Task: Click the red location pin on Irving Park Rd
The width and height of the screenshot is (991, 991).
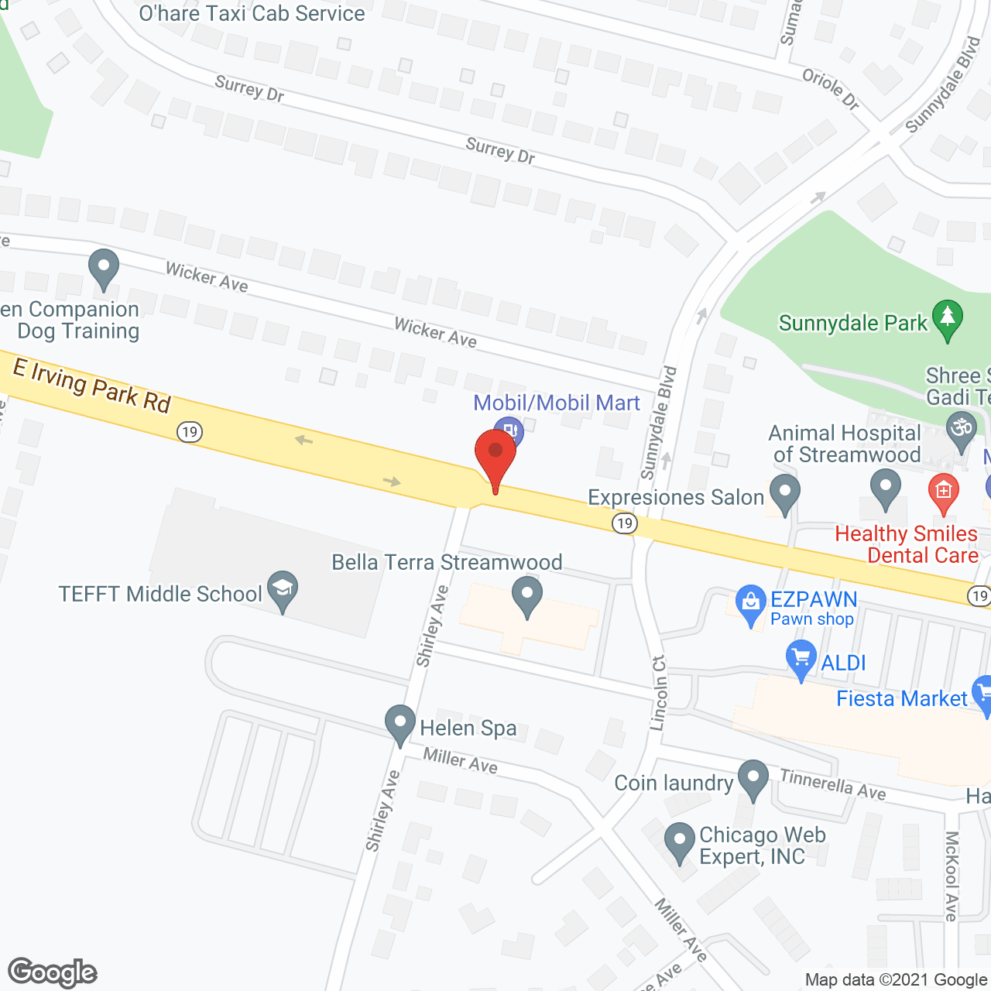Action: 495,453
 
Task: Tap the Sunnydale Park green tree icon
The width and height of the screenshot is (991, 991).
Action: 947,318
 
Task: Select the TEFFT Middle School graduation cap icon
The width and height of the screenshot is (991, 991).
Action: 283,589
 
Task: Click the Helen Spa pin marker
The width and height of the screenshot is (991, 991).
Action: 400,723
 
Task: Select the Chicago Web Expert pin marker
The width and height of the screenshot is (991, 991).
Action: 680,839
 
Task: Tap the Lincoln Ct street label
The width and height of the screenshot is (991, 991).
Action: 659,693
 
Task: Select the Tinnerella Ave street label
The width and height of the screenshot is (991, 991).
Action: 832,784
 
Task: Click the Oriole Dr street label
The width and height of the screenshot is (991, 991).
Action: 831,88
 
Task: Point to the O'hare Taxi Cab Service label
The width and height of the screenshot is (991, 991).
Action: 252,13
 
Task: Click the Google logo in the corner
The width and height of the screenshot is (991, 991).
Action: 53,972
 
